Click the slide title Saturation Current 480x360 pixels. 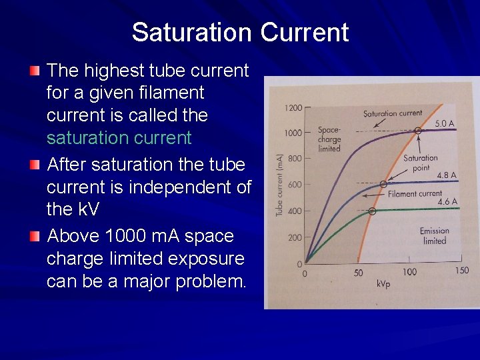[240, 32]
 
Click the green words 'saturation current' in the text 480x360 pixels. [119, 138]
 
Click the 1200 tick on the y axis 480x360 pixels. [293, 108]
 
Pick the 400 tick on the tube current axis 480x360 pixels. [293, 211]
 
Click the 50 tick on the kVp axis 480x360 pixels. [358, 272]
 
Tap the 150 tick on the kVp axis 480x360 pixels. [461, 271]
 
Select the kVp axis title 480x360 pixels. [384, 284]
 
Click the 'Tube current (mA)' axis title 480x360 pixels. [280, 185]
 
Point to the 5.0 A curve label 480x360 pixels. [445, 123]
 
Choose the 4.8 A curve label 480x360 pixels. [446, 175]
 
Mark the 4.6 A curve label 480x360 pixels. [447, 201]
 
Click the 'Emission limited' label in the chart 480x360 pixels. [434, 236]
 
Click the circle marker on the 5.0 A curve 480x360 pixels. [418, 131]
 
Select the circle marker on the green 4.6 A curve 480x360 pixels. [372, 211]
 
